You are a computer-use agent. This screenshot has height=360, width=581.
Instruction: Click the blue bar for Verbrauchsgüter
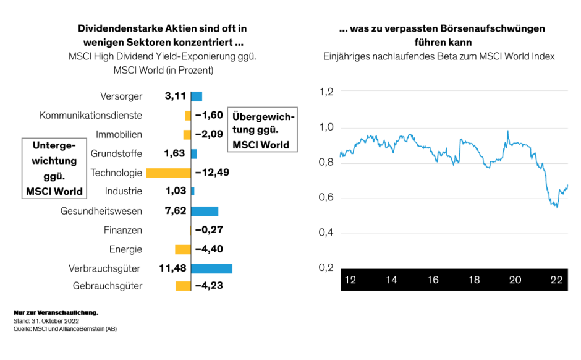coord(211,268)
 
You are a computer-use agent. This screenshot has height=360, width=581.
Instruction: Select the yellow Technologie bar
coord(168,173)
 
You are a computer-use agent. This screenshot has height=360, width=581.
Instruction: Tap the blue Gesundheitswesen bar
coord(205,211)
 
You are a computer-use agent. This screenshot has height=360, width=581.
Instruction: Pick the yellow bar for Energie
coord(183,249)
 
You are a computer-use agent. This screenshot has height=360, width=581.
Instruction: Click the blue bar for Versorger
coord(197,96)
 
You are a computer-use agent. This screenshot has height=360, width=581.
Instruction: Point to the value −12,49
coord(212,173)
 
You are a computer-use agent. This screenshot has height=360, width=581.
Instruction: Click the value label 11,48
coord(172,268)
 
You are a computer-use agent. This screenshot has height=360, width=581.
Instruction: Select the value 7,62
coord(176,211)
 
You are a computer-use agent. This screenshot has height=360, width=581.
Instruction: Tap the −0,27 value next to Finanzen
coord(209,230)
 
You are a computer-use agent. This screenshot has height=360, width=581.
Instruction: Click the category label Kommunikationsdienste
coord(90,116)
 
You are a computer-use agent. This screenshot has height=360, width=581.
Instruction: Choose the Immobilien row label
coord(119,135)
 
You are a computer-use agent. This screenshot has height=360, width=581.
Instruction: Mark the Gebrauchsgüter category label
coord(108,286)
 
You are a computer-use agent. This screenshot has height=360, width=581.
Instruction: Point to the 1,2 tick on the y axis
coord(326,92)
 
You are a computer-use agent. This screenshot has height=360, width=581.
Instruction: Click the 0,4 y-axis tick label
coord(326,233)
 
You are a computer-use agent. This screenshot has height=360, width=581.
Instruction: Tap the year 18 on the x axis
coord(474,280)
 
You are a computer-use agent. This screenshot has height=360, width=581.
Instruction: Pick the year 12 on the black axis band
coord(350,280)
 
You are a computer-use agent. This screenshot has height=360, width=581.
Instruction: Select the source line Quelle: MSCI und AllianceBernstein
coord(65,329)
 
